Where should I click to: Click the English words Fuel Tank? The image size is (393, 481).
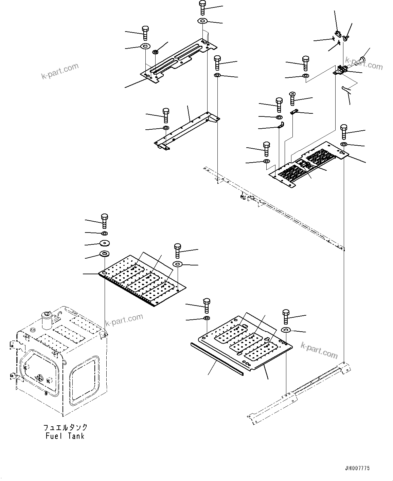[x=65, y=436]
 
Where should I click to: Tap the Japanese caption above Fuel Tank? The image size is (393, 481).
[x=65, y=427]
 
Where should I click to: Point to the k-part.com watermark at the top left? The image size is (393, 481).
[x=60, y=71]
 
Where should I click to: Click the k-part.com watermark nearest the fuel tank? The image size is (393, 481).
[x=124, y=320]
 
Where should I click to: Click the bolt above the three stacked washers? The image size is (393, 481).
[x=104, y=220]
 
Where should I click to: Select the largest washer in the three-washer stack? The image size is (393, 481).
[x=104, y=254]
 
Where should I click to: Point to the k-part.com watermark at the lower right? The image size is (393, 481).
[x=319, y=350]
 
